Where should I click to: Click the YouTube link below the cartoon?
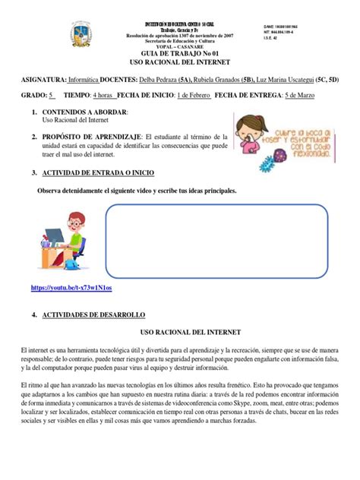point(71,288)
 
